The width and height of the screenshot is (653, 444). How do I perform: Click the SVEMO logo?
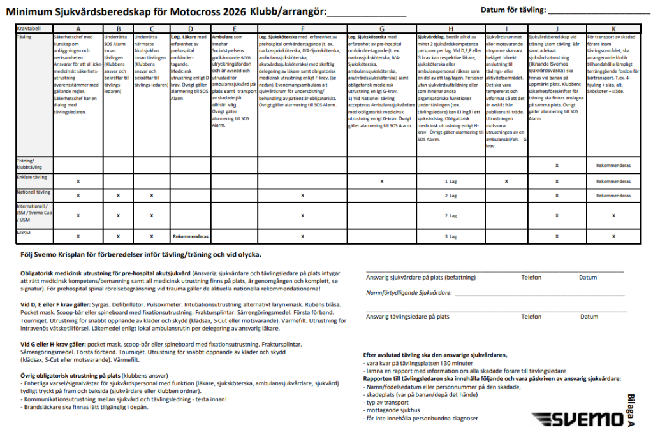(x=578, y=419)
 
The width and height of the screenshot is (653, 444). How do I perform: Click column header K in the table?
(x=613, y=29)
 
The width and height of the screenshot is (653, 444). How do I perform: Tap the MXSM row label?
(x=24, y=233)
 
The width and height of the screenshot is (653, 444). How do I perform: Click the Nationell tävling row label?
(x=33, y=192)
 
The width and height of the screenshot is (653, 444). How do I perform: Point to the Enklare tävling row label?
(x=32, y=176)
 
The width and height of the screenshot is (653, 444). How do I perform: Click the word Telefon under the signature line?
(x=531, y=278)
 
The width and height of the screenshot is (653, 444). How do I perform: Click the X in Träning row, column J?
(x=557, y=165)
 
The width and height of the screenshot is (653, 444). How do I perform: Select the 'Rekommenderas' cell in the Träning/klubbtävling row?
(x=613, y=165)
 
